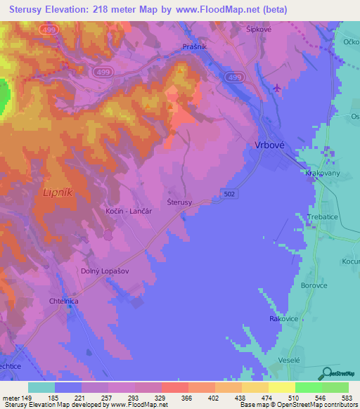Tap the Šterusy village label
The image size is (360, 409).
[x=180, y=202]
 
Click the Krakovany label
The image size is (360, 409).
[x=323, y=172]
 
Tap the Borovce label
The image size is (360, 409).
[x=315, y=287]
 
